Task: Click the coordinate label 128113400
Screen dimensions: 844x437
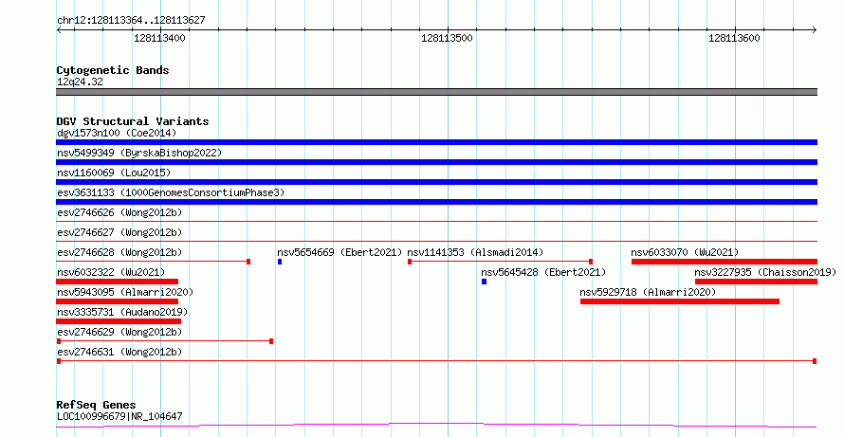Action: tap(159, 38)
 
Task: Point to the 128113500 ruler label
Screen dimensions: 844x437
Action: tap(447, 38)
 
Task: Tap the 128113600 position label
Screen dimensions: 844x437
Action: tap(734, 38)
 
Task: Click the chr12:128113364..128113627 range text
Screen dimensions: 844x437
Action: tap(131, 21)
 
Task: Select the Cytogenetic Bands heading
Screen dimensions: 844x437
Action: tap(113, 70)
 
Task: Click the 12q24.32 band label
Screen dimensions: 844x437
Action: tap(80, 82)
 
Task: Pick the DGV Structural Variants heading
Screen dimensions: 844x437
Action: tap(133, 121)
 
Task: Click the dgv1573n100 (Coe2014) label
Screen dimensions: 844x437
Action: tap(117, 133)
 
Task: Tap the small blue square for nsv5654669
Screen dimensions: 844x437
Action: tap(280, 262)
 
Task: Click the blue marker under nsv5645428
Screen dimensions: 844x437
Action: tap(484, 282)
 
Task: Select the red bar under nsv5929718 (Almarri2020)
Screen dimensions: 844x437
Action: tap(680, 301)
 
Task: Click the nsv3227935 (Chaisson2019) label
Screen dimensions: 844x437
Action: tap(765, 272)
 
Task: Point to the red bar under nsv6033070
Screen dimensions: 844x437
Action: tap(725, 262)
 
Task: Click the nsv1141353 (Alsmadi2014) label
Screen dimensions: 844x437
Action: tap(475, 252)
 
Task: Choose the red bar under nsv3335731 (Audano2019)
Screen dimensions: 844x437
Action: tap(119, 321)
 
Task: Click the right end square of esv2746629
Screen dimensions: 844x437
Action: tap(271, 341)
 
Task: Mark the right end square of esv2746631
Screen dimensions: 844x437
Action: tap(815, 361)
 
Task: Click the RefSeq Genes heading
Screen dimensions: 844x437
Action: tap(96, 405)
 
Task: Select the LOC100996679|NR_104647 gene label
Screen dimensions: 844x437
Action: tap(119, 416)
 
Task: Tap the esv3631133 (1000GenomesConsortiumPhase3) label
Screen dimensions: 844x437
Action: tap(171, 192)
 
